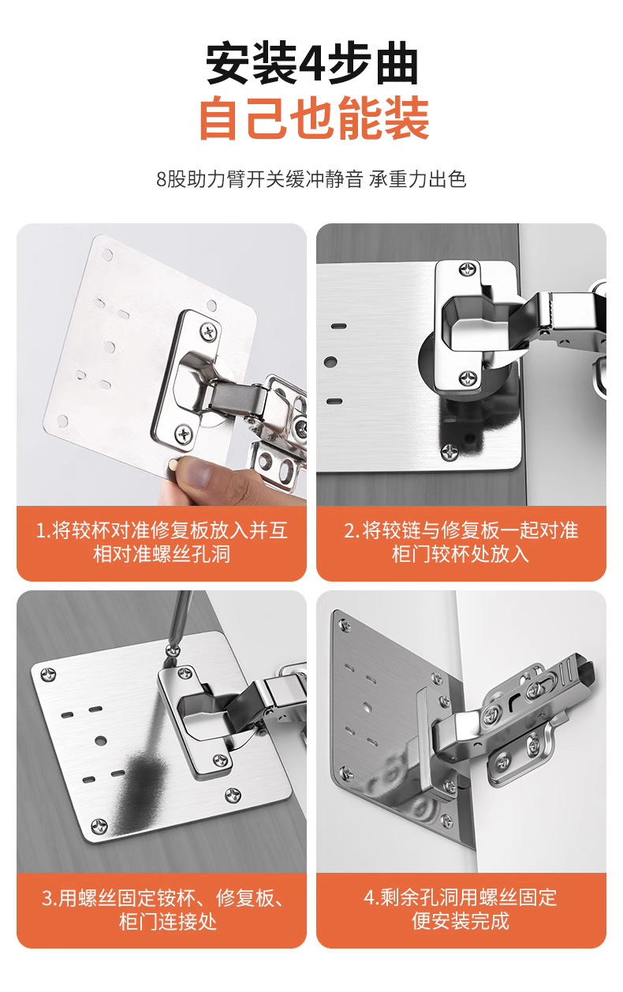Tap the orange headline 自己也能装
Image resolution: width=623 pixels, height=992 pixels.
312,119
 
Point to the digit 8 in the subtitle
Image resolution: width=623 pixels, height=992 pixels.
162,179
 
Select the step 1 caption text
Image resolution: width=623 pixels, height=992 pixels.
162,541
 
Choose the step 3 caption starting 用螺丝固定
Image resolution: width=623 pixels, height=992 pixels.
162,909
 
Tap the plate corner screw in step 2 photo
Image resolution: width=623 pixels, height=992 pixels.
449,451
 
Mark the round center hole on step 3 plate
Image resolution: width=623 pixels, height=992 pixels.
101,741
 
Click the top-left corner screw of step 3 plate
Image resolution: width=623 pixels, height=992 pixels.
49,674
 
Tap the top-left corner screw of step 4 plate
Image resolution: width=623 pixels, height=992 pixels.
344,626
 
